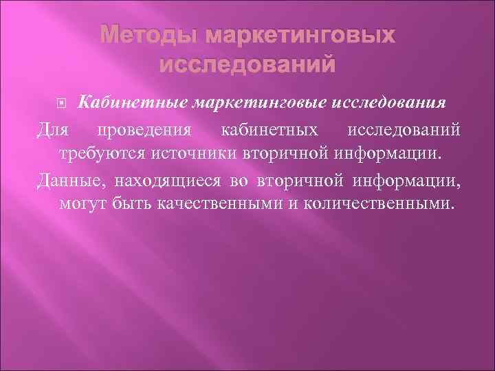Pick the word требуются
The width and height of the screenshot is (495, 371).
(x=102, y=153)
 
